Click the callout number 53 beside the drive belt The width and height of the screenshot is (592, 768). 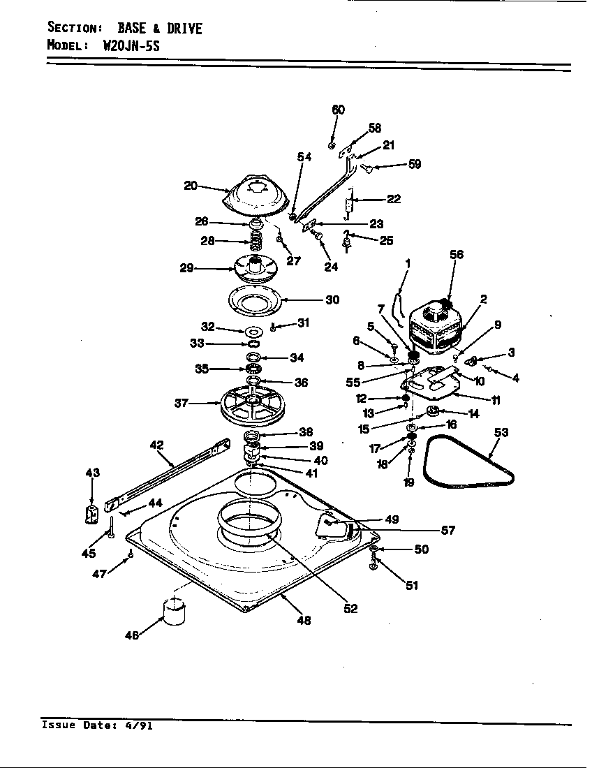click(501, 432)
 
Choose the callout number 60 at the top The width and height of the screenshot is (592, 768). click(338, 110)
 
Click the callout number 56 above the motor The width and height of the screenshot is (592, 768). click(456, 255)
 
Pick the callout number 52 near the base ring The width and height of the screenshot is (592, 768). click(350, 608)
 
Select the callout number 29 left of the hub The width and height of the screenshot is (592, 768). click(186, 268)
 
